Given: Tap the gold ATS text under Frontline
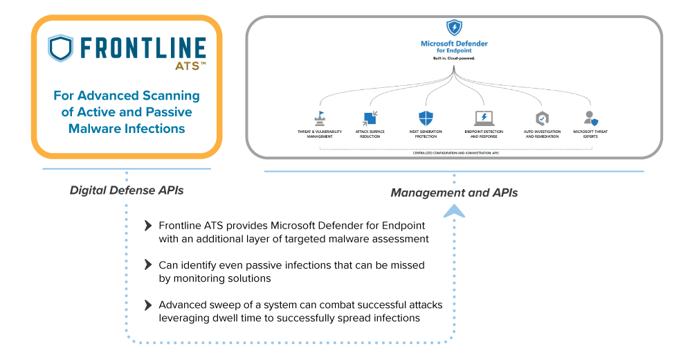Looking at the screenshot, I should coord(186,66).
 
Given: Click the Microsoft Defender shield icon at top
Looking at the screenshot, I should coord(454,28).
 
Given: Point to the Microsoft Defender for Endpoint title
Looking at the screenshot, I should coord(454,47).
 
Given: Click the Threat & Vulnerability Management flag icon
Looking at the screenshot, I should coord(319,118).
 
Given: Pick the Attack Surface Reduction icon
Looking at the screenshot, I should coord(370,118).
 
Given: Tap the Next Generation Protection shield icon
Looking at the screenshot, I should coord(425,118).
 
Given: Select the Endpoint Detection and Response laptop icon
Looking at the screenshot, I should coord(483,118).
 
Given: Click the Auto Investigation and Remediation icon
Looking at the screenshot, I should coord(542,118).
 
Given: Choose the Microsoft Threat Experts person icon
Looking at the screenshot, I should coord(590,118).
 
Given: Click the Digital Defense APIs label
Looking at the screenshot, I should coord(127,190).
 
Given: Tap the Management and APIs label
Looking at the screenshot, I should coord(454,193).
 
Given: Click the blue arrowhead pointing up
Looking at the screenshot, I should coord(454,210).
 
